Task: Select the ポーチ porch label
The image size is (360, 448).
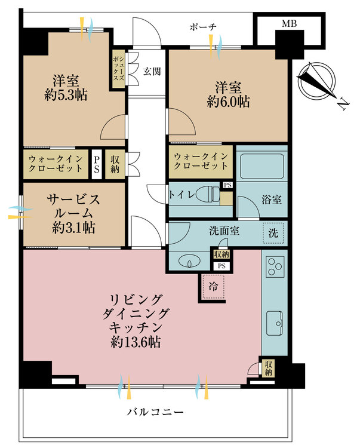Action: (202, 27)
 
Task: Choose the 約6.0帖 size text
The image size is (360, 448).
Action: (229, 102)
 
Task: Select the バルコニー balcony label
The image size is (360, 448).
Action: (154, 413)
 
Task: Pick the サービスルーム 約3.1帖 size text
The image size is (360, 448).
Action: (74, 228)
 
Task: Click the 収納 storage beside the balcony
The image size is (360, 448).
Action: (269, 367)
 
